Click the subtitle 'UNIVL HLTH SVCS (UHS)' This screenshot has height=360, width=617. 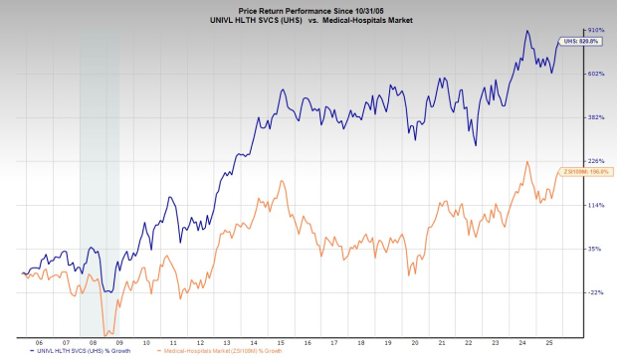click(262, 18)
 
